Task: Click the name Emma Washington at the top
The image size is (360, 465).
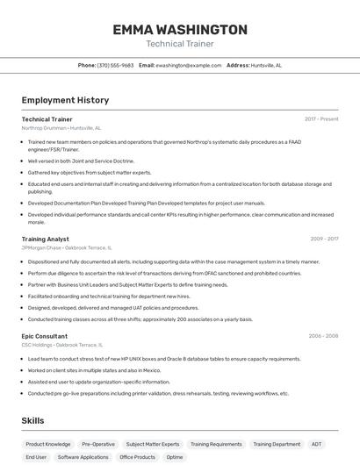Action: coord(179,30)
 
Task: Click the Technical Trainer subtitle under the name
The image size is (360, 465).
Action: coord(179,44)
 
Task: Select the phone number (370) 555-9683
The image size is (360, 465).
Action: coord(115,65)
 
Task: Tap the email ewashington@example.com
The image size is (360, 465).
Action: coord(189,65)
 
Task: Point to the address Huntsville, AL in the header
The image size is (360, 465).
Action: coord(266,65)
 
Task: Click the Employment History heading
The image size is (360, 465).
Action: coord(65,100)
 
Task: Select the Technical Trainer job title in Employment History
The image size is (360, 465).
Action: coord(47,119)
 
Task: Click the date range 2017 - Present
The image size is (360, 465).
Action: coord(321,119)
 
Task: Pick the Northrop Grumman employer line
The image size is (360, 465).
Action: coord(61,128)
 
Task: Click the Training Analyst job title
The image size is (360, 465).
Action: coord(45,239)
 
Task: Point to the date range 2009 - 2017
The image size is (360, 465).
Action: coord(324,239)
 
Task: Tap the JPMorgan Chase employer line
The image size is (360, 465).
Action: coord(66,247)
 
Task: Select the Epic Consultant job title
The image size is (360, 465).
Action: coord(44,336)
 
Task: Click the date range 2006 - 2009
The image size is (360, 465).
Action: coord(323,336)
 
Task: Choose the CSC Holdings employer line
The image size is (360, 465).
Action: coord(61,345)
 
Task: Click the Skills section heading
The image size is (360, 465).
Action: coord(32,421)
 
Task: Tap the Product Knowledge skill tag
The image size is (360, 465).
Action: coord(47,444)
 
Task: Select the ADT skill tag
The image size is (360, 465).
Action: coord(316,444)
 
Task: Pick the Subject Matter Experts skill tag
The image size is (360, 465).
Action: coord(152,444)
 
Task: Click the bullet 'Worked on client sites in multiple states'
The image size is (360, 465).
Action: coord(94,370)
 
